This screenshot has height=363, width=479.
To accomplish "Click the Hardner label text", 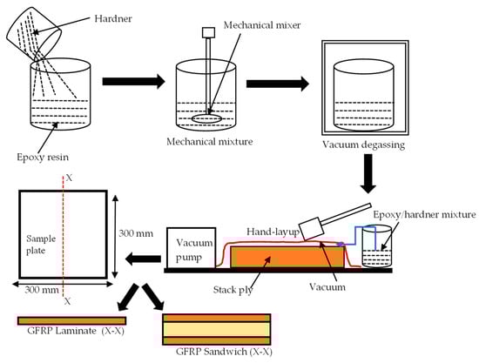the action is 113,18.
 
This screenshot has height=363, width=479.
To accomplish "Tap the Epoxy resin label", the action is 43,158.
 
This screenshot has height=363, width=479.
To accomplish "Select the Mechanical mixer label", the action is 262,25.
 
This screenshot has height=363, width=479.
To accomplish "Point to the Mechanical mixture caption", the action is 210,142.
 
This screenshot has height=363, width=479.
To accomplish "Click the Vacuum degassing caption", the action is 363,145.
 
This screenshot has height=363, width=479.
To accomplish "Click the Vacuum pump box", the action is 192,247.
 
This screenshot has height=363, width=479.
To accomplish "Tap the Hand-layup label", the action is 273,232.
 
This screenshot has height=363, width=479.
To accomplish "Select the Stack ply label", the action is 233,290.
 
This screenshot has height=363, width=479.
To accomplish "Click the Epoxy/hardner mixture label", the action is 425,215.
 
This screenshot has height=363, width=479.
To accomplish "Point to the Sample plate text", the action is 41,245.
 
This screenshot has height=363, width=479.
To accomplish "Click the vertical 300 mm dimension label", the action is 136,233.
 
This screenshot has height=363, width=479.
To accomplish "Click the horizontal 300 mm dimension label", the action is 42,289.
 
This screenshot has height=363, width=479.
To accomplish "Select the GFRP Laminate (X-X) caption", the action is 76,331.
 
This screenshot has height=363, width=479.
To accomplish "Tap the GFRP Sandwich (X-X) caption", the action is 224,352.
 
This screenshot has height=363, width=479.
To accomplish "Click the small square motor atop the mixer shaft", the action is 209,33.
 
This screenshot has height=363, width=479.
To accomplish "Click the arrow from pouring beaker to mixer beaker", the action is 133,82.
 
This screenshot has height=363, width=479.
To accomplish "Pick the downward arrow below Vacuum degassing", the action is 368,174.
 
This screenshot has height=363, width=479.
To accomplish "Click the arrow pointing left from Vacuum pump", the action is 143,259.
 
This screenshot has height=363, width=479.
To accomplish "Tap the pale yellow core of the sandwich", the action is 217,329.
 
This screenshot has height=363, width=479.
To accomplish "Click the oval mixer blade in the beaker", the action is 206,119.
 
